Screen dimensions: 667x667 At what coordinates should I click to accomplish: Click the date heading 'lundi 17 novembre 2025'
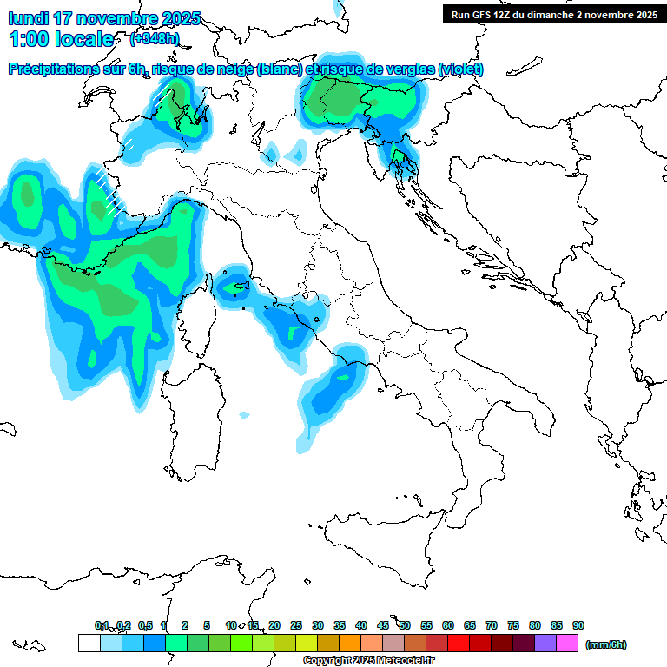(104, 18)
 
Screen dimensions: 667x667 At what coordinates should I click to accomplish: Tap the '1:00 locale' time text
(61, 39)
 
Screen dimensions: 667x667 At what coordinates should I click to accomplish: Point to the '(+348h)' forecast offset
(154, 39)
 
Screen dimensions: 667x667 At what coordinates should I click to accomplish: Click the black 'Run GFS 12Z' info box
(552, 14)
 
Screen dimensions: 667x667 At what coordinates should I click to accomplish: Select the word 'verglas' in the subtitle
(408, 69)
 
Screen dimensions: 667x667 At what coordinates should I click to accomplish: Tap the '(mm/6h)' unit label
(605, 644)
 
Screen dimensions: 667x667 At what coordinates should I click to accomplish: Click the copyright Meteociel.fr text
(368, 661)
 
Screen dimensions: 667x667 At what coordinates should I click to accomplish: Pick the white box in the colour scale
(89, 644)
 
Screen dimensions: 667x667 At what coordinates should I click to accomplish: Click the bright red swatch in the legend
(459, 644)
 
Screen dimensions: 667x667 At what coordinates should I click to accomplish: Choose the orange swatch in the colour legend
(350, 644)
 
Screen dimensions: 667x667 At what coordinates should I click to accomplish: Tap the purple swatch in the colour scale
(545, 644)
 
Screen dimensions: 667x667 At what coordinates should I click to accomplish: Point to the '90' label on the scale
(578, 625)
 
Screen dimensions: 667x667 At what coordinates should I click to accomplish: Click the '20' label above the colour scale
(274, 625)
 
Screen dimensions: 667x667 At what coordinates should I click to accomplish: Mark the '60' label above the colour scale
(448, 625)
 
